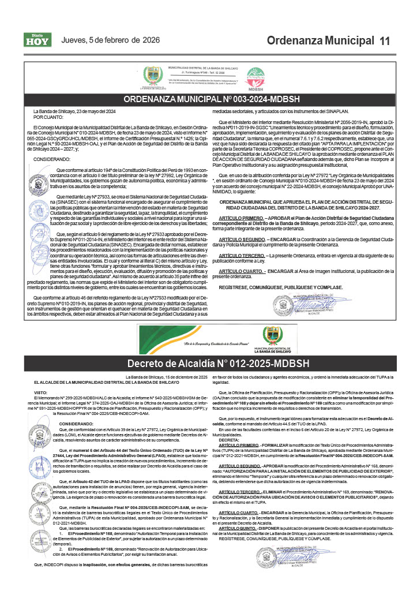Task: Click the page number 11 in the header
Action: tap(385, 41)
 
